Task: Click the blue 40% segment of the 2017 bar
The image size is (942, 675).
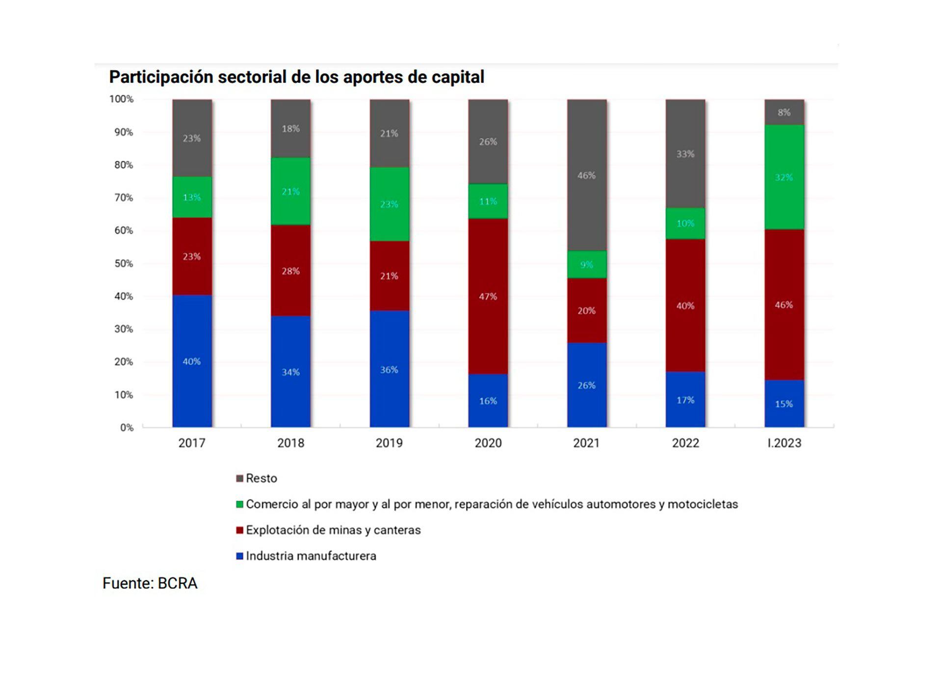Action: [192, 361]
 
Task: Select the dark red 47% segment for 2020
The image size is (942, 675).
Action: [488, 296]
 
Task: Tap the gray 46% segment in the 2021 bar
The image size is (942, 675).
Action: [587, 175]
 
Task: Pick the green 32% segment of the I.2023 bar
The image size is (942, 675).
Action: [784, 177]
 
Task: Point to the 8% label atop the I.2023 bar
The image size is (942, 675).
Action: [784, 112]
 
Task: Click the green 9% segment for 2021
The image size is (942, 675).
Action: [587, 265]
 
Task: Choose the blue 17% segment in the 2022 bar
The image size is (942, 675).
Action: [685, 400]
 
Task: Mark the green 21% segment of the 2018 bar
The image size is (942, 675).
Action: [290, 191]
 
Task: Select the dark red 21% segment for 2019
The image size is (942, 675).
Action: [389, 276]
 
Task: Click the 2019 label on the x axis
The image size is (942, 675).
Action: [389, 443]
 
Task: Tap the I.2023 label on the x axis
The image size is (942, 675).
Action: [784, 443]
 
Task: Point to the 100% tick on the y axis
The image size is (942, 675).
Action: [121, 99]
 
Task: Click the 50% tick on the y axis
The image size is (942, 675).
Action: [124, 263]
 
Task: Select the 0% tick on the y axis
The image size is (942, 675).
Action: [127, 427]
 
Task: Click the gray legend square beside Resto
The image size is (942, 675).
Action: [240, 478]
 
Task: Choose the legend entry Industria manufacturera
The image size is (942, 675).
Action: [311, 556]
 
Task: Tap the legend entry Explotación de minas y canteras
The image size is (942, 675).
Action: [333, 530]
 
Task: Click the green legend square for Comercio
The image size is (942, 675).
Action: [240, 504]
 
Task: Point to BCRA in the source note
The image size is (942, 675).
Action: [177, 583]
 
